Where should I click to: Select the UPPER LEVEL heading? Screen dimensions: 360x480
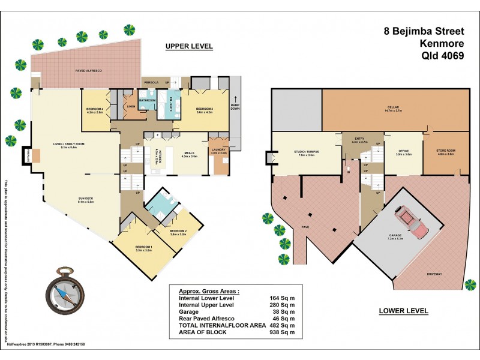pos(190,47)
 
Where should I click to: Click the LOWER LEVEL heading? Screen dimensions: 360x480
pos(403,311)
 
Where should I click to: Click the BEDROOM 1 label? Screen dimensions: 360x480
pos(143,247)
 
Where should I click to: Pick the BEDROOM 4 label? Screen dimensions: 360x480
pos(95,109)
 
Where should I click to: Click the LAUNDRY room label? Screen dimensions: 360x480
pos(218,150)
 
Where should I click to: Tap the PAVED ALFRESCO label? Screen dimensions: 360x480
pos(88,71)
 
